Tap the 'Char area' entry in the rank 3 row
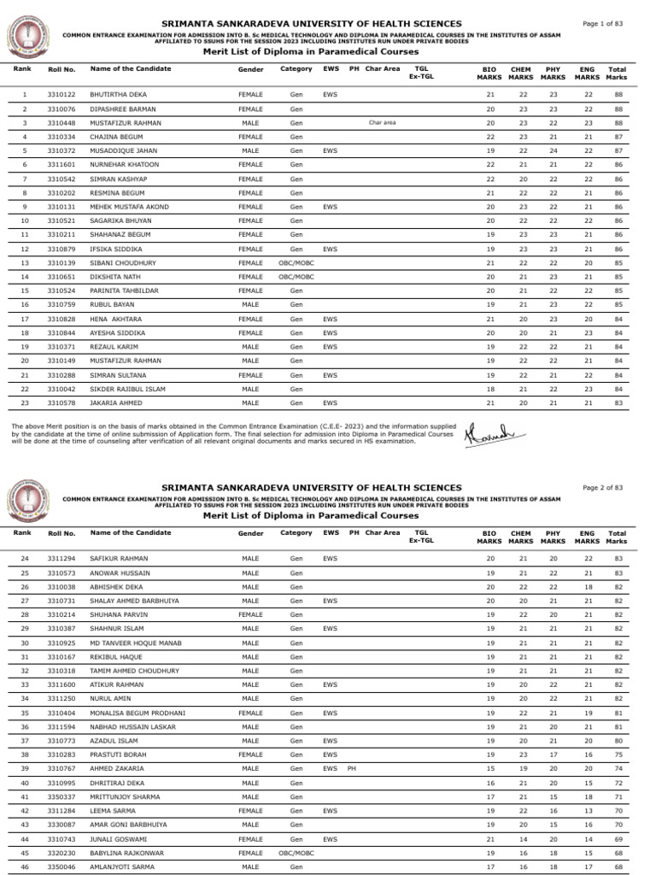pos(382,122)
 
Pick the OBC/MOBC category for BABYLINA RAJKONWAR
pos(296,853)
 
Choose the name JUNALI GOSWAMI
pos(120,838)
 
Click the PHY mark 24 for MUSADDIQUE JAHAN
pos(553,150)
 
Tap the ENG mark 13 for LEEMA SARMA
pos(588,810)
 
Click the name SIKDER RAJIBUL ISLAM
pos(128,389)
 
